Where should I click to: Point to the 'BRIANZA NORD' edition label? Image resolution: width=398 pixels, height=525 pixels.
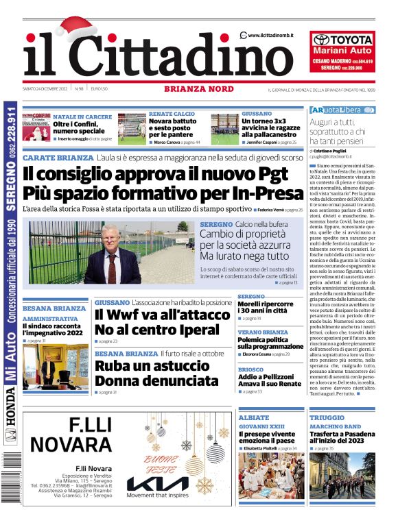pos(195,88)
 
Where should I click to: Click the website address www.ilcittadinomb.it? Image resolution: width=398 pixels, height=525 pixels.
pos(270,35)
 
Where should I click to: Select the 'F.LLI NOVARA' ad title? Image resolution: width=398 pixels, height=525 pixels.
pos(71,434)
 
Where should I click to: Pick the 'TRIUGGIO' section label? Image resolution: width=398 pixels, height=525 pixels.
pos(327,417)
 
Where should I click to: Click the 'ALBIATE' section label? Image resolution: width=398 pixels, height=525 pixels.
pos(253,417)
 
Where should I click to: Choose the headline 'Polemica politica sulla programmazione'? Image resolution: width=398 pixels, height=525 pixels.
pos(270,343)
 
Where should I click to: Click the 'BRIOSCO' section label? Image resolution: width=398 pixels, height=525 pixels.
pos(250,369)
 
